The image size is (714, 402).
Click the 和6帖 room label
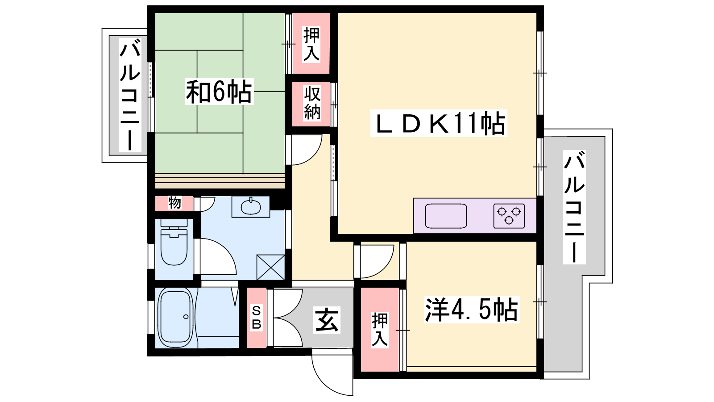pyautogui.click(x=219, y=92)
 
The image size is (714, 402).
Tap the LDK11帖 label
pyautogui.click(x=439, y=123)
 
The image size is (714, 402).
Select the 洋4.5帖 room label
pyautogui.click(x=471, y=309)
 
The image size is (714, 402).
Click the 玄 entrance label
pyautogui.click(x=327, y=320)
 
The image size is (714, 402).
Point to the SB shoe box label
pyautogui.click(x=257, y=318)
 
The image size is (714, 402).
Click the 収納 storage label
pyautogui.click(x=312, y=103)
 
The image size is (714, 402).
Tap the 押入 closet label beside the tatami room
pyautogui.click(x=311, y=44)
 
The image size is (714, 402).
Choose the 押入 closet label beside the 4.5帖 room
pyautogui.click(x=379, y=330)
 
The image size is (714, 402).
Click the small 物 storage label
pyautogui.click(x=174, y=203)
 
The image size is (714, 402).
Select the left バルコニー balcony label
pyautogui.click(x=130, y=95)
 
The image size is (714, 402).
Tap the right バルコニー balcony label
pyautogui.click(x=574, y=207)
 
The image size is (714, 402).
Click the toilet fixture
pyautogui.click(x=174, y=242)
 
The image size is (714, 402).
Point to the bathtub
pyautogui.click(x=176, y=318)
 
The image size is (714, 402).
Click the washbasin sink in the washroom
pyautogui.click(x=251, y=207)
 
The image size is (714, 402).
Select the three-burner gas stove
pyautogui.click(x=509, y=216)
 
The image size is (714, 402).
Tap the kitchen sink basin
pyautogui.click(x=446, y=216)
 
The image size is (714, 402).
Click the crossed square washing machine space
pyautogui.click(x=270, y=267)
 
